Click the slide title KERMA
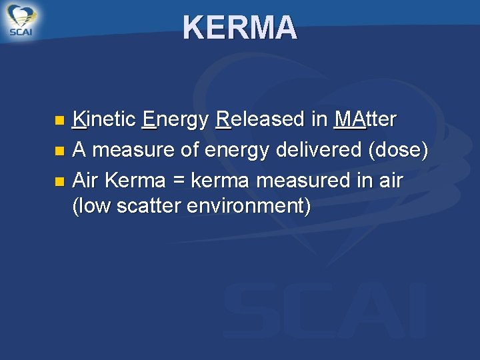click(240, 28)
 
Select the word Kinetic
click(104, 120)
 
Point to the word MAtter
click(365, 120)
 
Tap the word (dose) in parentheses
click(398, 151)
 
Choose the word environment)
click(249, 207)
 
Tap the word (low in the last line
click(91, 207)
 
